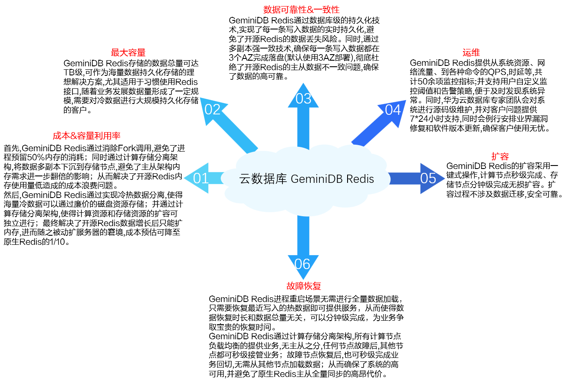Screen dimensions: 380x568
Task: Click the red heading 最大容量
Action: pos(128,53)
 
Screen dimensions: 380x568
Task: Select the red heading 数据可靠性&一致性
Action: pos(301,10)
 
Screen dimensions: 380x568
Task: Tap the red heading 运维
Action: pos(471,53)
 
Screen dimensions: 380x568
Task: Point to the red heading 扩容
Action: pos(500,156)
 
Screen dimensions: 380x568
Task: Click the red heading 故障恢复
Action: pos(303,286)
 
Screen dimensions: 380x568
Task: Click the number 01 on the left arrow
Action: pos(201,178)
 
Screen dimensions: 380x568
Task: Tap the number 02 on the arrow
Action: pos(213,110)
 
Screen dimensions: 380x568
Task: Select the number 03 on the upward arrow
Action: pos(303,99)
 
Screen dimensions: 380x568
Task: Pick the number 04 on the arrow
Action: pos(393,110)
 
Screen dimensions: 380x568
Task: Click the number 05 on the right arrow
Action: pos(428,178)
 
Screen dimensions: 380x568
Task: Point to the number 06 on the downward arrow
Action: pos(302,263)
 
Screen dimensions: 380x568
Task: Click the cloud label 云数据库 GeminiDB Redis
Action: pos(306,179)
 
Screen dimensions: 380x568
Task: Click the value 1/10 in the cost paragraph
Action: pos(60,242)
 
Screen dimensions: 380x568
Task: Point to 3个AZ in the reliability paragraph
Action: pos(241,58)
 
